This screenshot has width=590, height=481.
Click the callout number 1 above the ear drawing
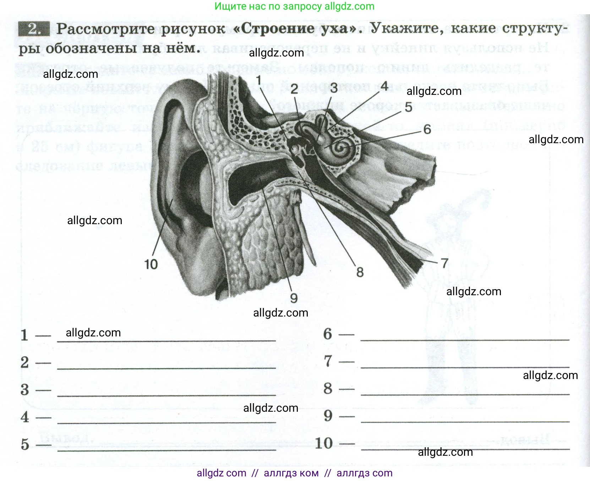[x=259, y=80]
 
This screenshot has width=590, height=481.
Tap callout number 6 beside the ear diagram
[x=427, y=129]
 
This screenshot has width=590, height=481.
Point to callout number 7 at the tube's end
[x=444, y=263]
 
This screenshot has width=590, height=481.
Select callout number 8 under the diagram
[x=360, y=272]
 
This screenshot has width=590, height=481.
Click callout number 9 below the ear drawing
[x=294, y=298]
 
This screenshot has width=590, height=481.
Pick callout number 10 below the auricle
[x=151, y=264]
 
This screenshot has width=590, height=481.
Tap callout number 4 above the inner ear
[x=384, y=86]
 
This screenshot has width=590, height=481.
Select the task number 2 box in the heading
[x=33, y=29]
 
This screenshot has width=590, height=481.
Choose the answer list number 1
[x=24, y=335]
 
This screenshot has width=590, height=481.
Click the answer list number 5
[x=24, y=444]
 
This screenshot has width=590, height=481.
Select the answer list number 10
[x=324, y=443]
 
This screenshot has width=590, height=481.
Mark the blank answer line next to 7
[x=465, y=366]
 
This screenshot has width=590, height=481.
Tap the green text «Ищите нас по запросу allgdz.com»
[x=295, y=6]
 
